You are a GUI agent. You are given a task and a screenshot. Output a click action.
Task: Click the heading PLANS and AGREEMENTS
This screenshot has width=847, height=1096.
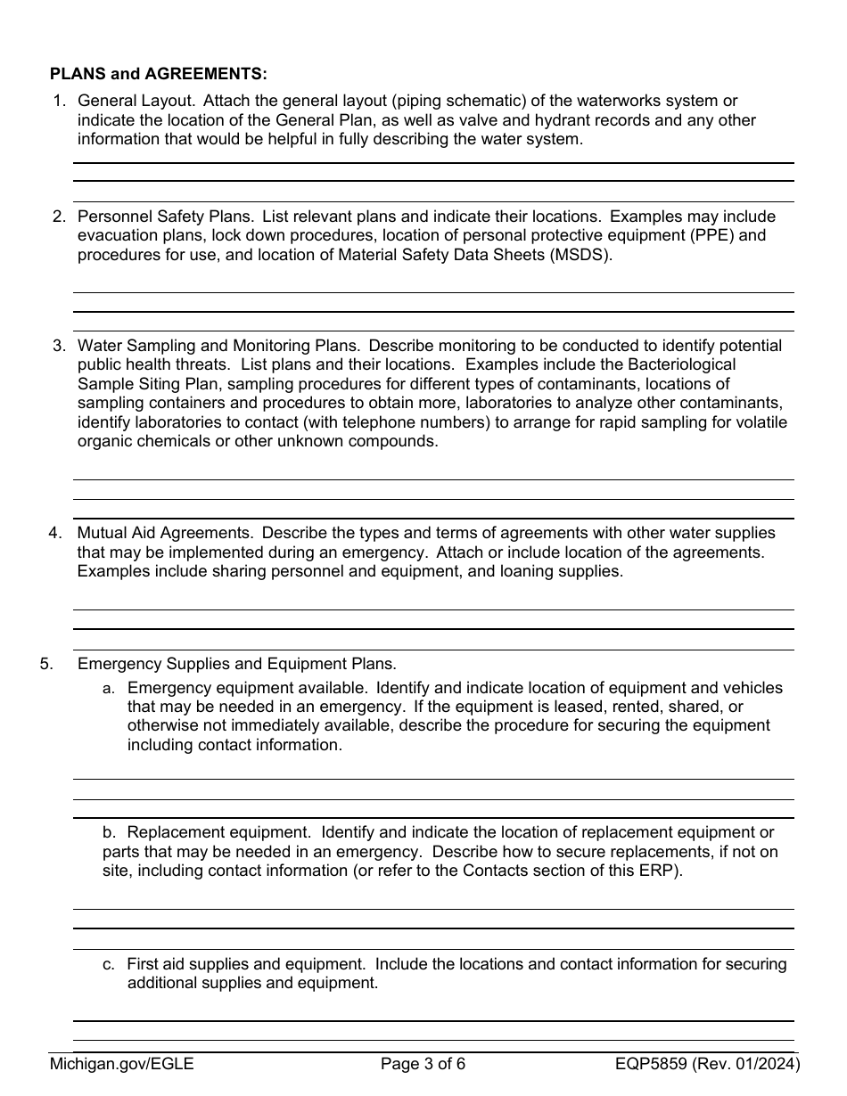pyautogui.click(x=158, y=73)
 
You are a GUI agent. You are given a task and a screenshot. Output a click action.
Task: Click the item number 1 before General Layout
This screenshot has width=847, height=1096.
pyautogui.click(x=59, y=101)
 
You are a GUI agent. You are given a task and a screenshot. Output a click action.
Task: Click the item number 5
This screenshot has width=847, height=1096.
pyautogui.click(x=45, y=664)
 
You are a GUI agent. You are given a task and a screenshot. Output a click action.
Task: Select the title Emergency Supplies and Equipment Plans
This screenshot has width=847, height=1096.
pyautogui.click(x=236, y=664)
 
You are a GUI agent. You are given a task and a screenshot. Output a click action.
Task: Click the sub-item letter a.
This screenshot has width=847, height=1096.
pyautogui.click(x=108, y=688)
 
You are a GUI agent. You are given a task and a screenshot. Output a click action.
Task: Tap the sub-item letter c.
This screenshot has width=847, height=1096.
pyautogui.click(x=108, y=964)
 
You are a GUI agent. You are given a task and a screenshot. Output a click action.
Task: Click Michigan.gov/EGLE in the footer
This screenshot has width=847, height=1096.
pyautogui.click(x=121, y=1062)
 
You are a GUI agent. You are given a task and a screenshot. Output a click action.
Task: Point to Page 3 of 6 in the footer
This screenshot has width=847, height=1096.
pyautogui.click(x=423, y=1062)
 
